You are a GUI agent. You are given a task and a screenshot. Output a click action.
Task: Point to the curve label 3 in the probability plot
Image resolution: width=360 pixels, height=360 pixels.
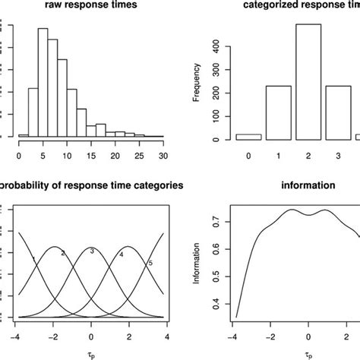pyautogui.click(x=92, y=251)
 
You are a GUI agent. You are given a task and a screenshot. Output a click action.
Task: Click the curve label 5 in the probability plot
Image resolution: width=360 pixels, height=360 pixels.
pyautogui.click(x=150, y=263)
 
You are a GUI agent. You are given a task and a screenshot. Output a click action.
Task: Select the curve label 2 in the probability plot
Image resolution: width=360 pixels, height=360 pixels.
pyautogui.click(x=62, y=253)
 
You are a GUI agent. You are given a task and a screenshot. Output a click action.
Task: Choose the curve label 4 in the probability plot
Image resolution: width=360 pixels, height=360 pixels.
pyautogui.click(x=121, y=254)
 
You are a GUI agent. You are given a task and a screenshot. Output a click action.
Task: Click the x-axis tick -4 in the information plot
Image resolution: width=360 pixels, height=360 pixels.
pyautogui.click(x=236, y=333)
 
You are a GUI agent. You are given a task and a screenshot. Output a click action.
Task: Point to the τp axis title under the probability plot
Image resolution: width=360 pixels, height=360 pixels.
pyautogui.click(x=91, y=354)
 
